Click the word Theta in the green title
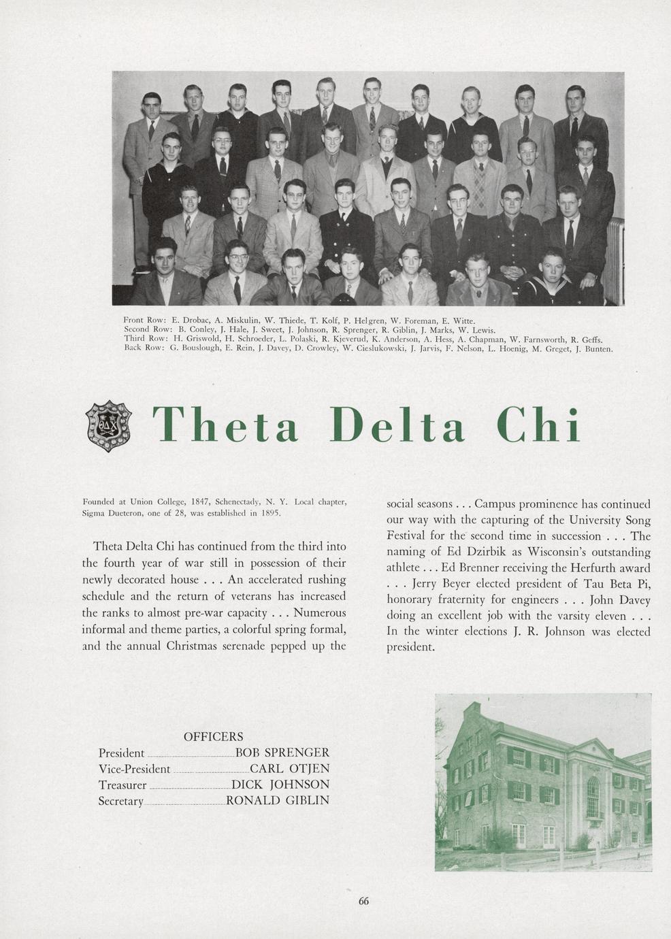pyautogui.click(x=225, y=425)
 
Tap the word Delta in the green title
pyautogui.click(x=397, y=425)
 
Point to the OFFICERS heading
pyautogui.click(x=213, y=736)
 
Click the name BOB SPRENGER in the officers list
pyautogui.click(x=282, y=753)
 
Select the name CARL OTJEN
pyautogui.click(x=289, y=769)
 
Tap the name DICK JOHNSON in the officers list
pyautogui.click(x=280, y=785)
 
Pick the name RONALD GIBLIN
pyautogui.click(x=278, y=800)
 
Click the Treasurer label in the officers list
pyautogui.click(x=122, y=785)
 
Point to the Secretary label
pyautogui.click(x=120, y=801)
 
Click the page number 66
pyautogui.click(x=363, y=901)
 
